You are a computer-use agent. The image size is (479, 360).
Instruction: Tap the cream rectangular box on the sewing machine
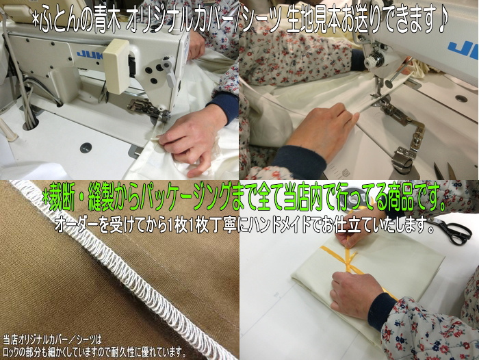116,66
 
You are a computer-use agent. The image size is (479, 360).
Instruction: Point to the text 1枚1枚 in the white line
185,227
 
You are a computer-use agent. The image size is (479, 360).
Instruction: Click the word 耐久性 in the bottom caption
148,352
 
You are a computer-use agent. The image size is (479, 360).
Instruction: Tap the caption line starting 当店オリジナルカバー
52,340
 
